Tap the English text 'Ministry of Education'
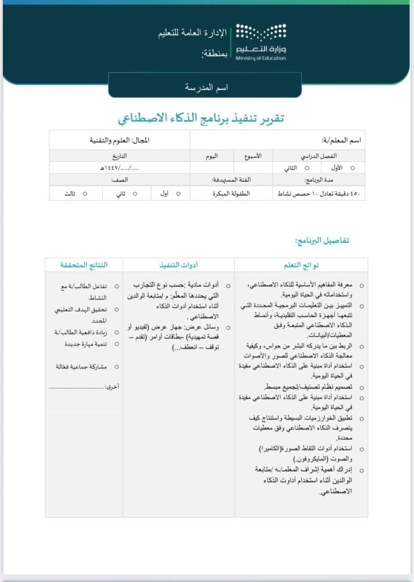261,58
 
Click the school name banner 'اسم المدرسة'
206,87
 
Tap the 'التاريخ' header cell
119,156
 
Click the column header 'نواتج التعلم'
301,265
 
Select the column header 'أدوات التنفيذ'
179,265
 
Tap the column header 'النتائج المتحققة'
84,265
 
